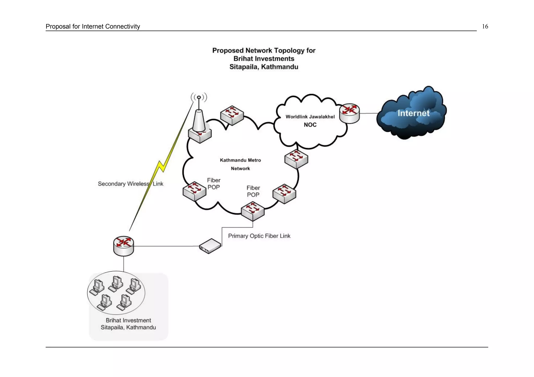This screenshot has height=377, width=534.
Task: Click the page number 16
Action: point(485,27)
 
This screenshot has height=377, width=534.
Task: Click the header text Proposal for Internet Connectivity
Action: point(93,27)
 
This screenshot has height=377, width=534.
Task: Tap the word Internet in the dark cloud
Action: point(413,113)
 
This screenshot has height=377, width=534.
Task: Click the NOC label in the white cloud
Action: point(310,125)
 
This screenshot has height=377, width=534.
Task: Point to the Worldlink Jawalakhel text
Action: point(310,117)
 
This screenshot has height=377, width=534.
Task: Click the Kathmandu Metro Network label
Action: point(240,164)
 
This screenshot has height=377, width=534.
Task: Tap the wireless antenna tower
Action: point(199,117)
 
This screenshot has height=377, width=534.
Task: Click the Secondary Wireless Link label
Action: point(130,184)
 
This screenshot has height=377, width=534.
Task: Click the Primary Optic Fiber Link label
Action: point(259,236)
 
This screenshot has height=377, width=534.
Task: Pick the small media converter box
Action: point(210,246)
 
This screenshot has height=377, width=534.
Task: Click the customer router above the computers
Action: point(124,246)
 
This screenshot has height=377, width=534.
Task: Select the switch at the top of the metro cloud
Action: point(232,115)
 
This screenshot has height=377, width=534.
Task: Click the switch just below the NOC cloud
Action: point(296,159)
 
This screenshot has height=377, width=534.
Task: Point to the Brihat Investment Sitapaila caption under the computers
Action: point(128,324)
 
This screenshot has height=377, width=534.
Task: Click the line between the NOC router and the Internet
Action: point(369,113)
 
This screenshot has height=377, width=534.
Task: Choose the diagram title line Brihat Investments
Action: point(264,59)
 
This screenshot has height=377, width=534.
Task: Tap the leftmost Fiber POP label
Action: point(214,184)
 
